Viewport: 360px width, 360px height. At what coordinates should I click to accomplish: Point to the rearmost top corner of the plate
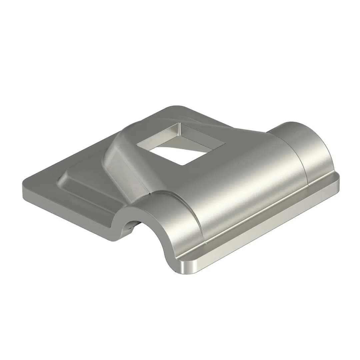click(177, 107)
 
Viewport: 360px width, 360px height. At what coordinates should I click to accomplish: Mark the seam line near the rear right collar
click(302, 157)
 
